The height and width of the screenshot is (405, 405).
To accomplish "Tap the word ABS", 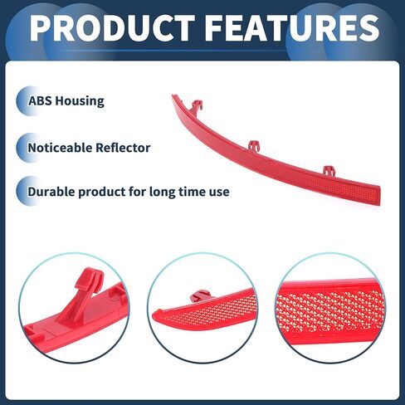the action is pyautogui.click(x=40, y=101).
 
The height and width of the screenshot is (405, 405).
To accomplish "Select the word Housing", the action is pyautogui.click(x=80, y=101).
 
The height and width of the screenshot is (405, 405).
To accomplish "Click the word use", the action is pyautogui.click(x=219, y=193).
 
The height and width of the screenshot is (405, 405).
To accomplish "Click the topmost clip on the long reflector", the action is pyautogui.click(x=197, y=106).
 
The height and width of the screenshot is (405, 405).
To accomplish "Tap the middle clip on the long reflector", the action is pyautogui.click(x=254, y=146).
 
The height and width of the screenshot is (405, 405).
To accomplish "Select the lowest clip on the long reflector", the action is pyautogui.click(x=329, y=170).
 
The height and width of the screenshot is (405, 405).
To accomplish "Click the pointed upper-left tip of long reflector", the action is pyautogui.click(x=173, y=96).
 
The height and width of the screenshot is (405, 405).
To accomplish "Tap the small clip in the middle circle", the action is pyautogui.click(x=200, y=295).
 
